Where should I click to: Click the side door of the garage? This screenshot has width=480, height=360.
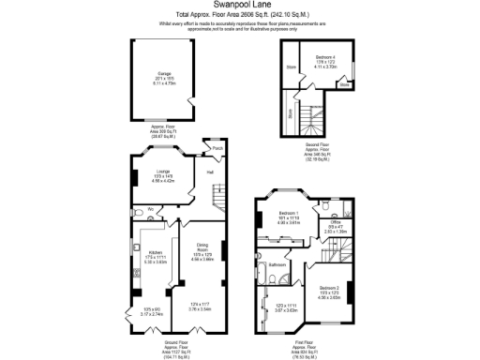click(192, 100)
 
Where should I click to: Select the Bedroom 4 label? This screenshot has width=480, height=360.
click(325, 57)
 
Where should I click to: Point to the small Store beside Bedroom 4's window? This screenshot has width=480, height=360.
click(345, 84)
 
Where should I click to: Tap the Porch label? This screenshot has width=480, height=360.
click(217, 148)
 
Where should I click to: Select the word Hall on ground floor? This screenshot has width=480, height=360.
click(199, 172)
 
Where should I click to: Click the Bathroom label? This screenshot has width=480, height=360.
click(277, 265)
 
